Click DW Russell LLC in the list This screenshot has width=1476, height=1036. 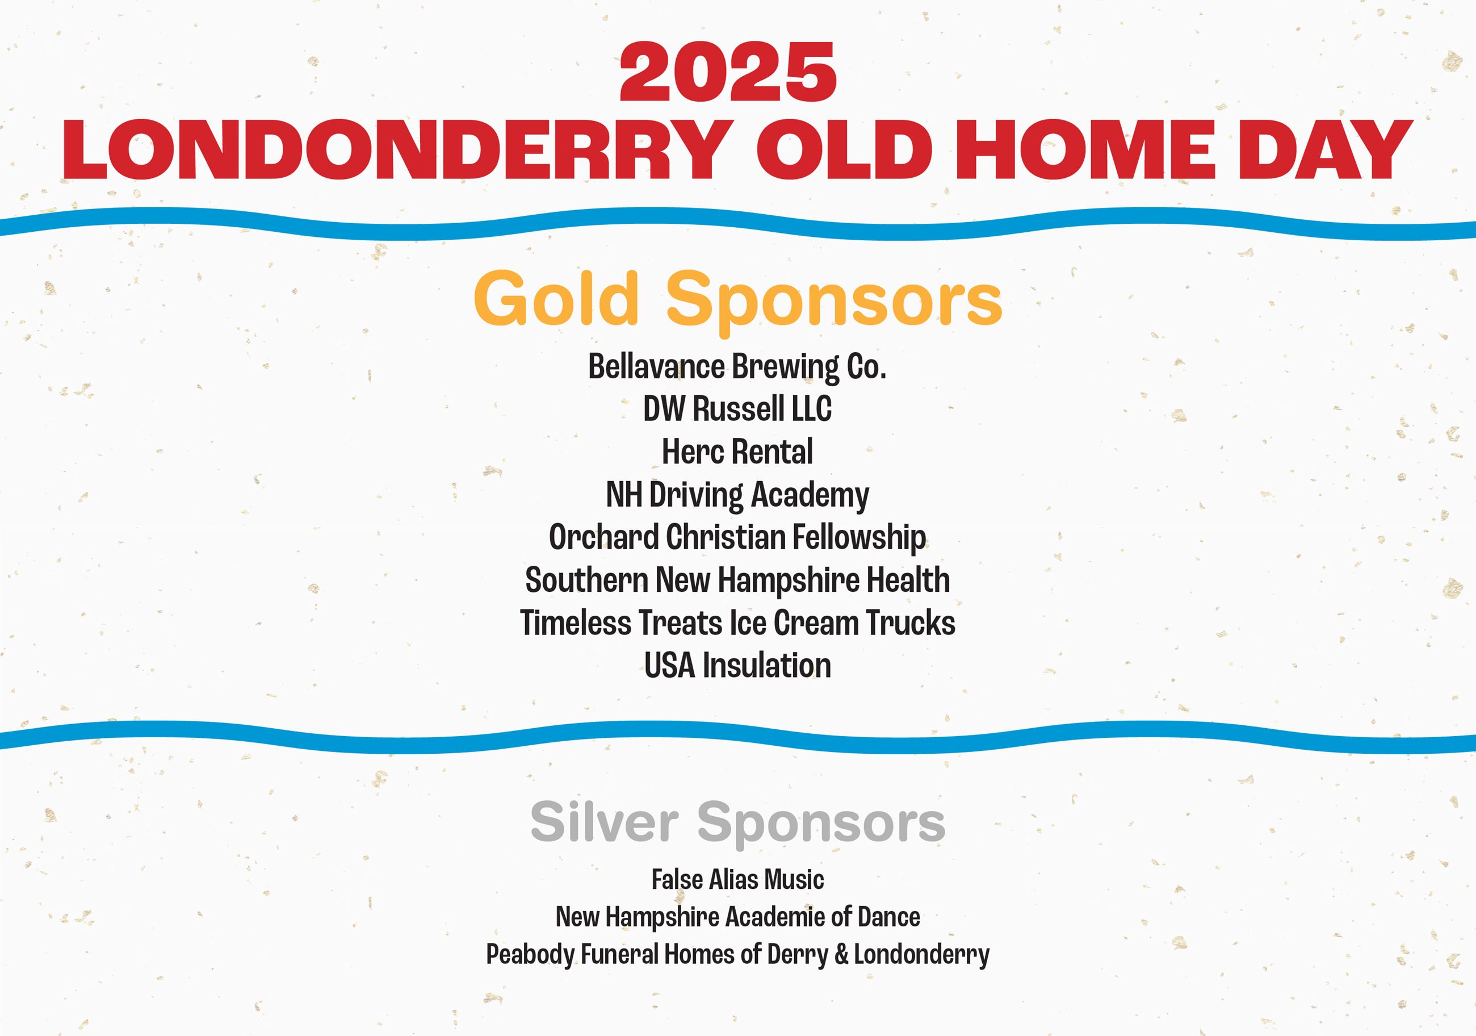point(737,409)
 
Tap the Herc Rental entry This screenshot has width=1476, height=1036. point(737,452)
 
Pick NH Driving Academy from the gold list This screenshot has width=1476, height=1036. point(737,495)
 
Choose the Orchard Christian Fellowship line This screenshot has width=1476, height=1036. point(737,538)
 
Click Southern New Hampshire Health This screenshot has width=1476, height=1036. point(737,580)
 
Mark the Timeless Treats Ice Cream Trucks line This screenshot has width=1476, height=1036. point(737,623)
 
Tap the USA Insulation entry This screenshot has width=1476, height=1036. point(737,666)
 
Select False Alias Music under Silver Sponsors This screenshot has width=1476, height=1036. point(737,880)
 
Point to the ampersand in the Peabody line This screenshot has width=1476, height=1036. point(841,955)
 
